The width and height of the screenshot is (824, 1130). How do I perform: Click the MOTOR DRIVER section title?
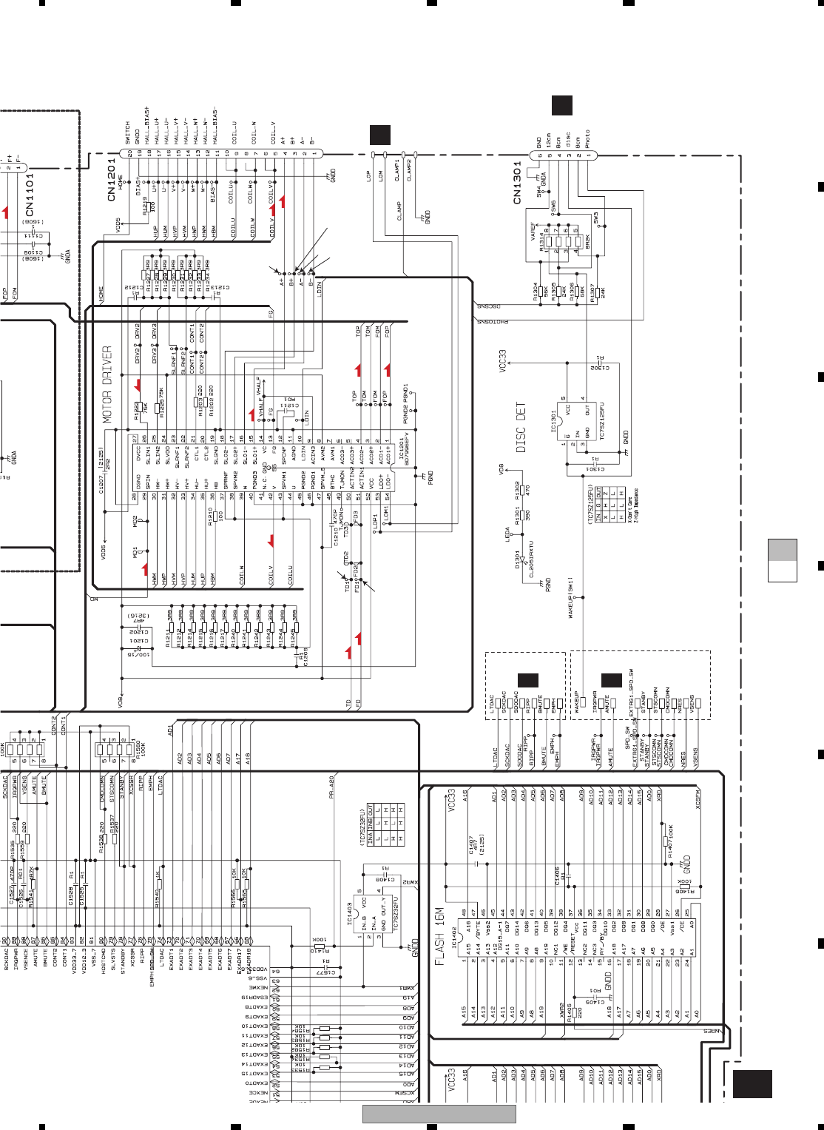(107, 384)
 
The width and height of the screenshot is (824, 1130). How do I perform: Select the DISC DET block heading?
(521, 428)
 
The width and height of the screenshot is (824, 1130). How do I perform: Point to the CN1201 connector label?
(112, 178)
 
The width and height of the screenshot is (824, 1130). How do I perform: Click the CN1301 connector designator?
(518, 184)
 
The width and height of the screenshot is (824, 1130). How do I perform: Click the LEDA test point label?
(508, 534)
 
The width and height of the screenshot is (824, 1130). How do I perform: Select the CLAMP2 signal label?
(409, 169)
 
